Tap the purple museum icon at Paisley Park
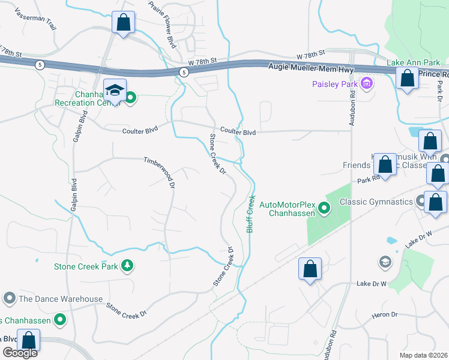[367, 83]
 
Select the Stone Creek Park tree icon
[127, 265]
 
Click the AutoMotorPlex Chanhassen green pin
[324, 209]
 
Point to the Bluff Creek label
[251, 213]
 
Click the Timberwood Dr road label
[159, 172]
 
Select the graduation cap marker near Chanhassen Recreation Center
[115, 91]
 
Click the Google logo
[20, 353]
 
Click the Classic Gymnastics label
[377, 202]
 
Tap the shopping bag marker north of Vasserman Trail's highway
[123, 23]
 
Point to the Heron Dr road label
[386, 314]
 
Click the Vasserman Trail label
[35, 19]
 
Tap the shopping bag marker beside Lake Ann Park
[408, 79]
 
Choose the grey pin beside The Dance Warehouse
[9, 298]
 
